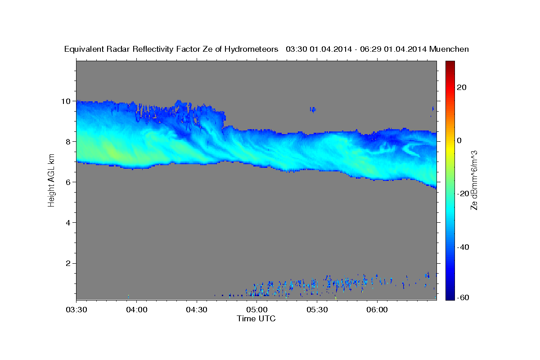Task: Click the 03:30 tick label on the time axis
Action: [x=76, y=310]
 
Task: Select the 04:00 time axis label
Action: [x=137, y=310]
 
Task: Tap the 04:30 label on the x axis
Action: [x=197, y=310]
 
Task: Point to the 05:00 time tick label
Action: [x=257, y=310]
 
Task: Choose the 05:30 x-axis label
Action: [x=317, y=310]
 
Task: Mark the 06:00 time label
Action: [x=377, y=310]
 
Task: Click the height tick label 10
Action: [x=66, y=101]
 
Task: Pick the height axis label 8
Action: [x=68, y=142]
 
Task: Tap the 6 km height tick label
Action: [x=68, y=182]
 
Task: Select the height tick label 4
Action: [x=68, y=223]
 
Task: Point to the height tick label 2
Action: [x=68, y=263]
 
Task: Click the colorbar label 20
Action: [x=462, y=87]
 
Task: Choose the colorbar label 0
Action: [x=459, y=140]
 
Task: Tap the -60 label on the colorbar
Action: [x=463, y=297]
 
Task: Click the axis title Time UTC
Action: [x=256, y=319]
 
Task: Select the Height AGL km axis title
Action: [x=51, y=180]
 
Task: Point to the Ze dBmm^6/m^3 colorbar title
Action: [x=474, y=180]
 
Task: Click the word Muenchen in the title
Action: [x=449, y=49]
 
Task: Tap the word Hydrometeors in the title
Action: [x=251, y=49]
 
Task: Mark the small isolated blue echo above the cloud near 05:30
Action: [x=313, y=110]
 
